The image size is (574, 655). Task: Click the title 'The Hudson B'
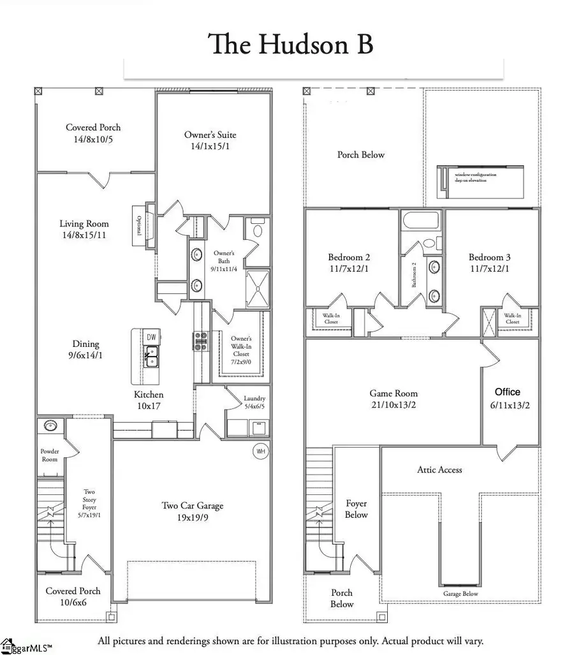click(x=290, y=45)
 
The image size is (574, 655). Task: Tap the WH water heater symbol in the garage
click(x=261, y=452)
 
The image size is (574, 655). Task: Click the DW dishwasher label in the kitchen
click(x=151, y=337)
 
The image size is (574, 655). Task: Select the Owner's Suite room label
click(x=210, y=135)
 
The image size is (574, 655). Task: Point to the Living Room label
click(x=84, y=224)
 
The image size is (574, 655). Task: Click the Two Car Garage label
click(x=192, y=506)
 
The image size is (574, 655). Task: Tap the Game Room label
click(x=394, y=394)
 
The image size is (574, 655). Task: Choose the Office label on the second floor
click(x=508, y=392)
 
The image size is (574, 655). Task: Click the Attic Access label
click(x=439, y=469)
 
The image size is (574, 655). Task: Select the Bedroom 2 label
click(x=349, y=257)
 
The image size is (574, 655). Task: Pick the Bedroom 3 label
click(x=490, y=257)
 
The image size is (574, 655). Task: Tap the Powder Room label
click(x=50, y=455)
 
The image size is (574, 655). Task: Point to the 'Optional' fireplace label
click(x=140, y=224)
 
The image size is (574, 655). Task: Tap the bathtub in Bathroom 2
click(x=420, y=221)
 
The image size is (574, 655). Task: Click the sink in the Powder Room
click(x=50, y=425)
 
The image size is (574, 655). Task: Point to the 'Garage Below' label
click(x=460, y=594)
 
